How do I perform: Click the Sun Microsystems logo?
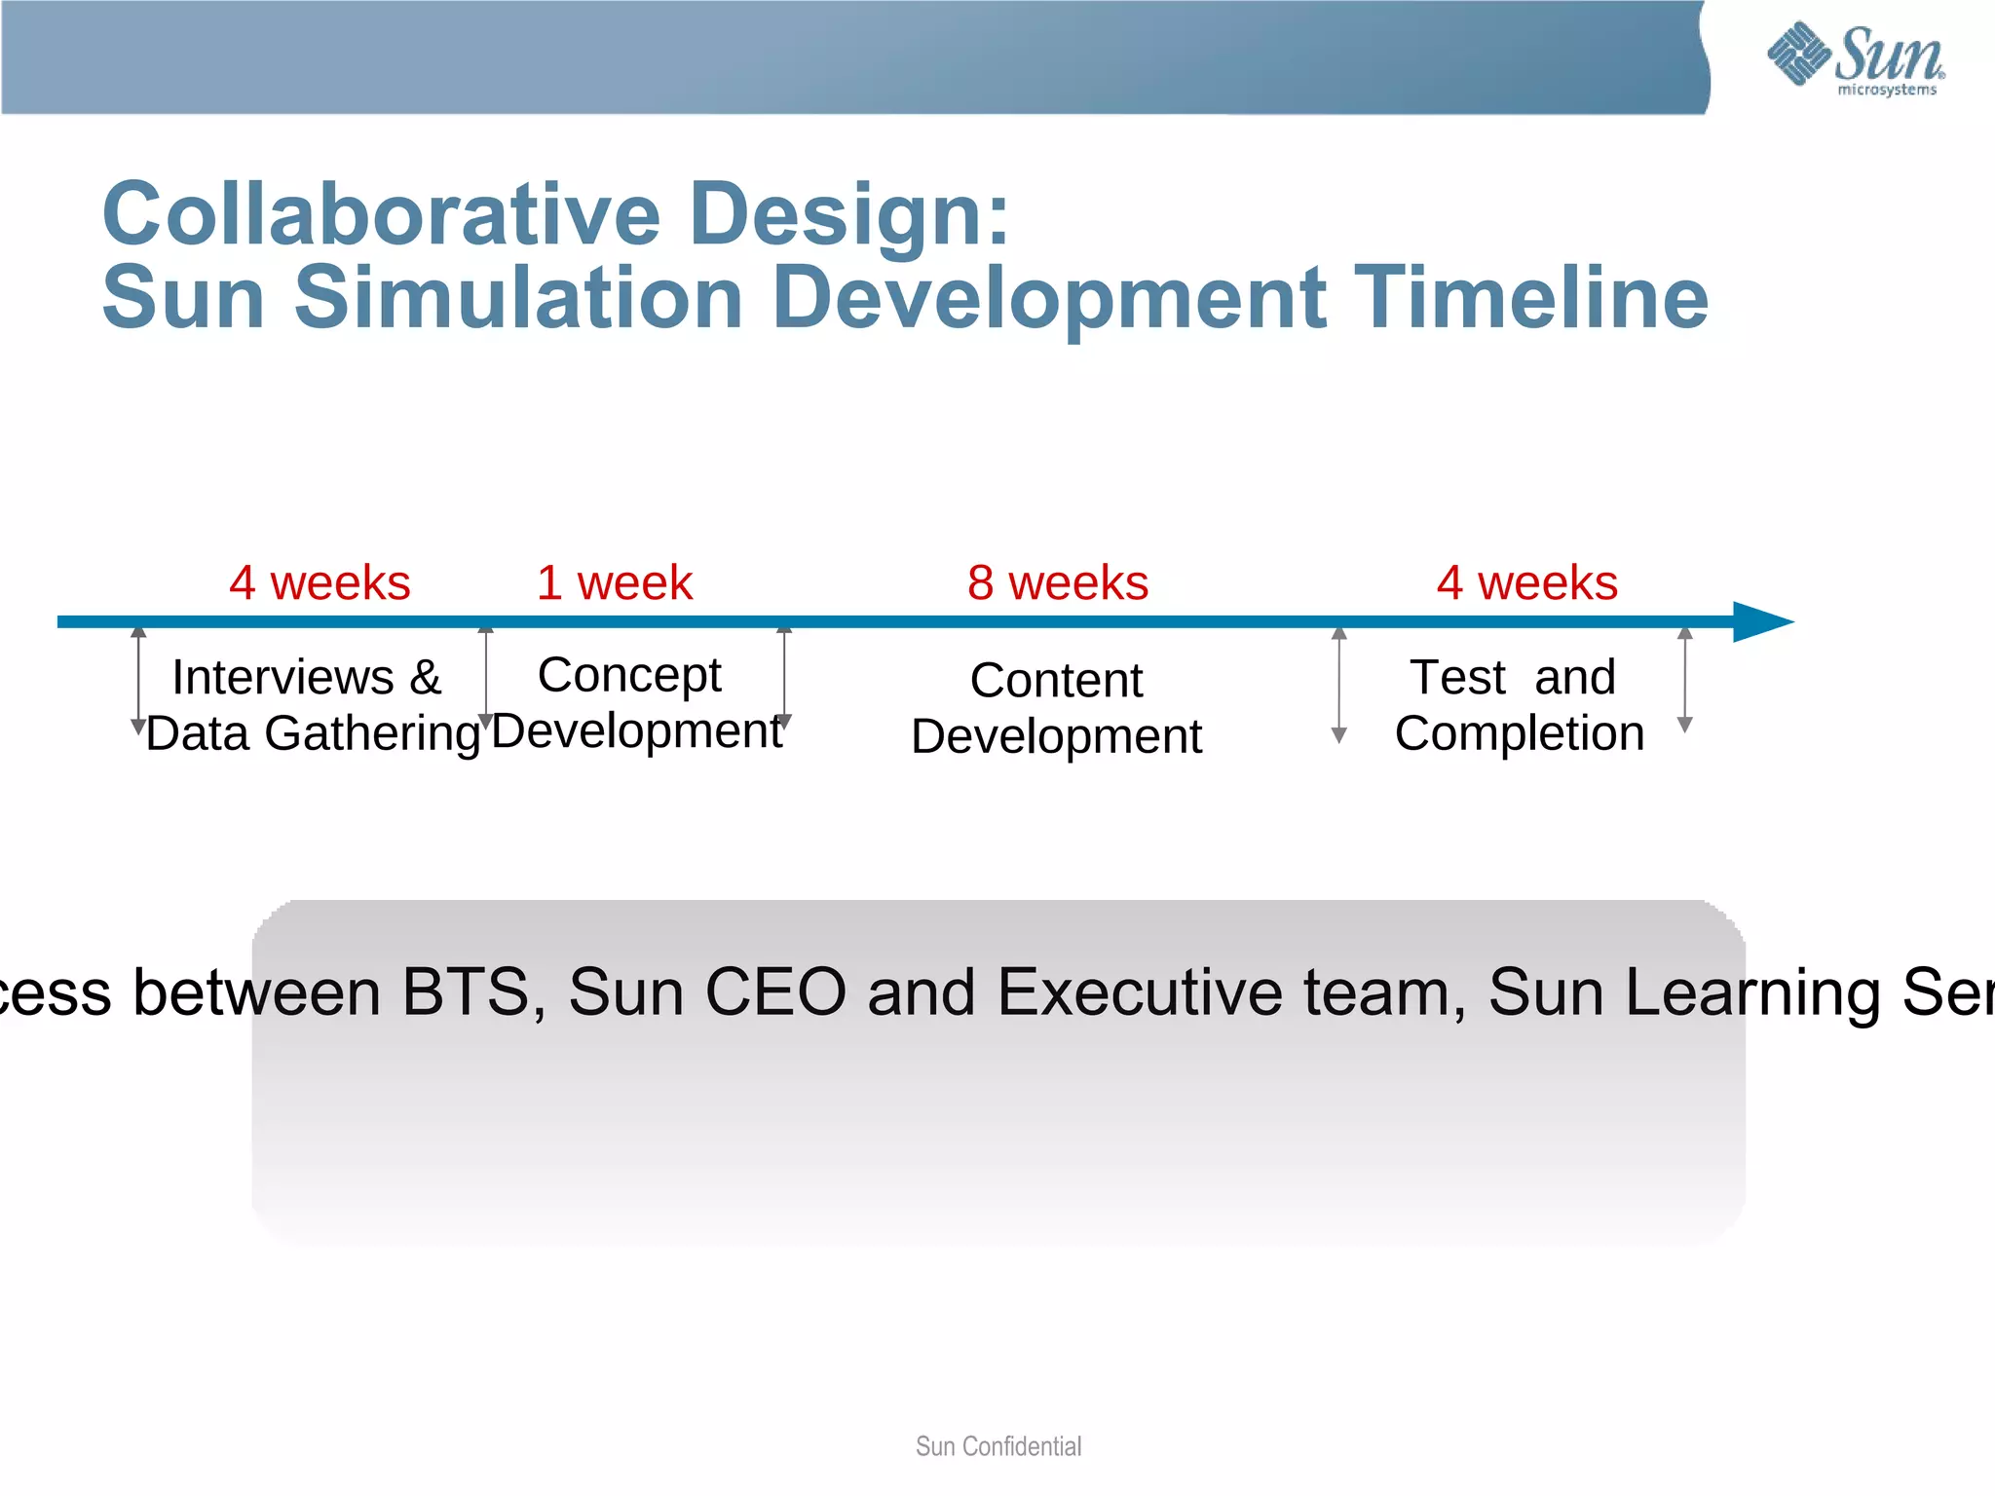coord(1857,58)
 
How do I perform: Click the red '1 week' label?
coord(615,582)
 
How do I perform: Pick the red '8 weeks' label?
coord(1058,582)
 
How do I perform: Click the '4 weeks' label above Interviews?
coord(320,582)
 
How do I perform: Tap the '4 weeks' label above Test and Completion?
coord(1526,582)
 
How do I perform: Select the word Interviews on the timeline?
coord(282,677)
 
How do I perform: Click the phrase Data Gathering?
coord(314,733)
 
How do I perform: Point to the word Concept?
coord(629,675)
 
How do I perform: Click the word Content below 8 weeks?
coord(1056,680)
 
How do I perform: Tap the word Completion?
coord(1519,733)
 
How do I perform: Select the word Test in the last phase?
coord(1457,677)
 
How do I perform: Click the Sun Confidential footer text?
coord(997,1446)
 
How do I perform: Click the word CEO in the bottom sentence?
coord(775,991)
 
